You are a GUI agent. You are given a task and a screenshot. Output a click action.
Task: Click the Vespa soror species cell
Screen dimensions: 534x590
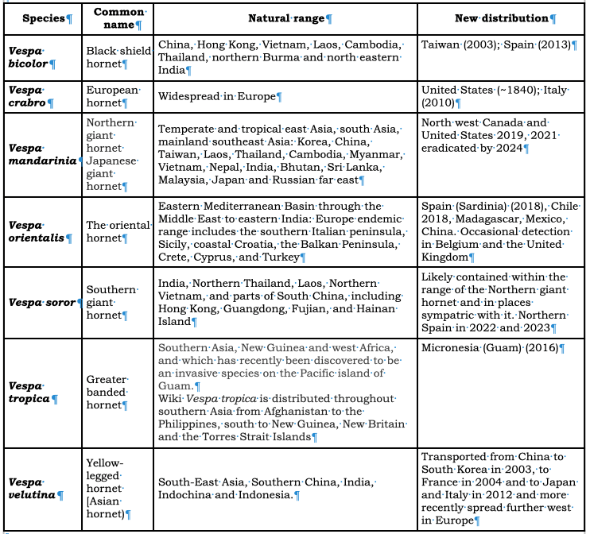pos(43,302)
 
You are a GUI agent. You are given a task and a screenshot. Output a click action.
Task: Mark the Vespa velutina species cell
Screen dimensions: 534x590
pos(43,488)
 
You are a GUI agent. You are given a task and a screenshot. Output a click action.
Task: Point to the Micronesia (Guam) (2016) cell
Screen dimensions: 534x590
pos(492,348)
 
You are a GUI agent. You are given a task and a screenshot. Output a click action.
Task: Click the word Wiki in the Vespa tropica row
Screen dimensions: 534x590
pos(170,397)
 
